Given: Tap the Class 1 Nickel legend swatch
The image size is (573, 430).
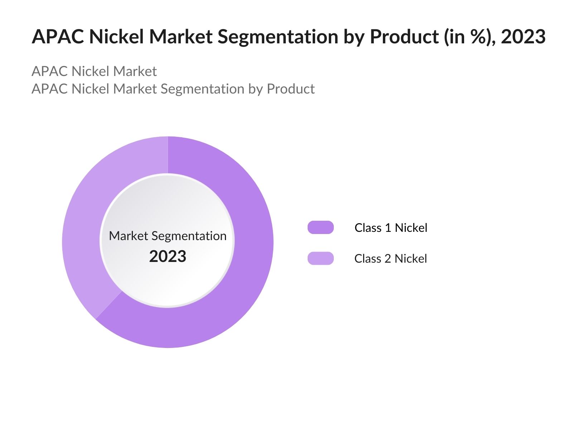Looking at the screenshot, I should point(321,228).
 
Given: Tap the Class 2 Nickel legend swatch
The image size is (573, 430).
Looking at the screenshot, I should point(321,258).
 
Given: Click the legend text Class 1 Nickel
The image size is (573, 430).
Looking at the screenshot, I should point(391,228).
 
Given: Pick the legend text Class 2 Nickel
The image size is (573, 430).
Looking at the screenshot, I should point(390,259).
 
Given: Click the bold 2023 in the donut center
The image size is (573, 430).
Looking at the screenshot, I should point(168,257).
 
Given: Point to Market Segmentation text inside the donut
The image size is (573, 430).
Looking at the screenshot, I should point(168,236).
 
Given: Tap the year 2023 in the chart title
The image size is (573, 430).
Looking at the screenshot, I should point(523,37).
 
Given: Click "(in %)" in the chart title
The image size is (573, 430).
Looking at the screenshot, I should point(467,37).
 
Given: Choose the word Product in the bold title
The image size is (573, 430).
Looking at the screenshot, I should point(404,37).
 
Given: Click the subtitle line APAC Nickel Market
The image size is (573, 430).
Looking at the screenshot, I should point(94,71).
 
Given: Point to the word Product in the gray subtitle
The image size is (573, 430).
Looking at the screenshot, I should point(291,89).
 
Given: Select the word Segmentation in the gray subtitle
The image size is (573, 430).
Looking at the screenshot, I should point(202,89).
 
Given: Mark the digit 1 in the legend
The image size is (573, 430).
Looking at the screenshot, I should point(388,228).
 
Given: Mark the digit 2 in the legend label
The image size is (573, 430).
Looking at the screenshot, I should point(388,259).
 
